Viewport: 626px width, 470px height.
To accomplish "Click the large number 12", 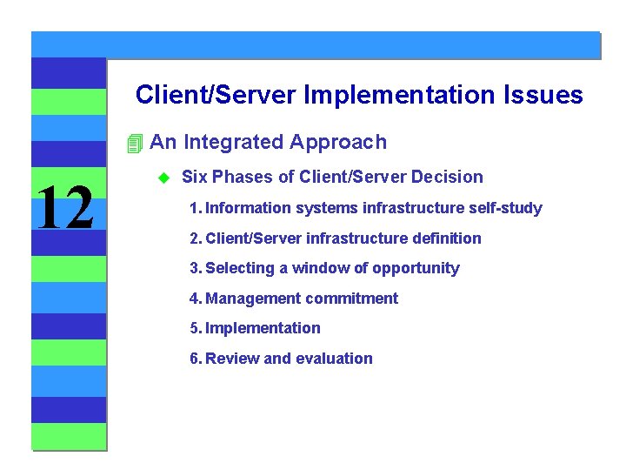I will click(x=63, y=209).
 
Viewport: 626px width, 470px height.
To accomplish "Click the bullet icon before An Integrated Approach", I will click(x=133, y=143).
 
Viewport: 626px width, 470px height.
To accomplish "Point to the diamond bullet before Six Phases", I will click(x=162, y=178).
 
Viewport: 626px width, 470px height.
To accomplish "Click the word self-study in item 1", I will click(x=506, y=208).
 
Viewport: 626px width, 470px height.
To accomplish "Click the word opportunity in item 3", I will click(x=416, y=269).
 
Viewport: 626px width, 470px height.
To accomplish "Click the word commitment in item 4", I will click(x=351, y=299).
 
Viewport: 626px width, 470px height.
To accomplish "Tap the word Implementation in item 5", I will click(x=263, y=328).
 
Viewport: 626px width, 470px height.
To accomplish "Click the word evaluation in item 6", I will click(x=334, y=359).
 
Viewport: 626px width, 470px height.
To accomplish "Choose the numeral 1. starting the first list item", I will click(x=196, y=208).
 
